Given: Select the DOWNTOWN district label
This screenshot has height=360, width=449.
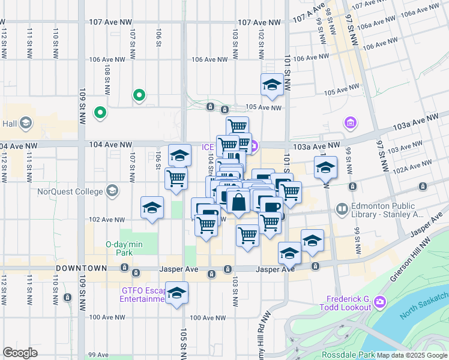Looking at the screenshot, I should (82, 268).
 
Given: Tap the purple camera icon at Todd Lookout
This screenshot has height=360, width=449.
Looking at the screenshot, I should (379, 304).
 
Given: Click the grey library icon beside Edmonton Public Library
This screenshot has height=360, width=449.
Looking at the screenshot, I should (342, 209).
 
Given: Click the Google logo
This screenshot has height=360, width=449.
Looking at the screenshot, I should (20, 353).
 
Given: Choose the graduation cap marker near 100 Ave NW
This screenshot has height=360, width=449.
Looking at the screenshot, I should (176, 293).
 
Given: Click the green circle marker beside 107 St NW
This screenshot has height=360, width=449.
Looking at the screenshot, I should (139, 95).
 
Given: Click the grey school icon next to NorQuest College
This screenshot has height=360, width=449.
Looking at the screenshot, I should (112, 191).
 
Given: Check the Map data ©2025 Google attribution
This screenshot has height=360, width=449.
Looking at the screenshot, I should (411, 355).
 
